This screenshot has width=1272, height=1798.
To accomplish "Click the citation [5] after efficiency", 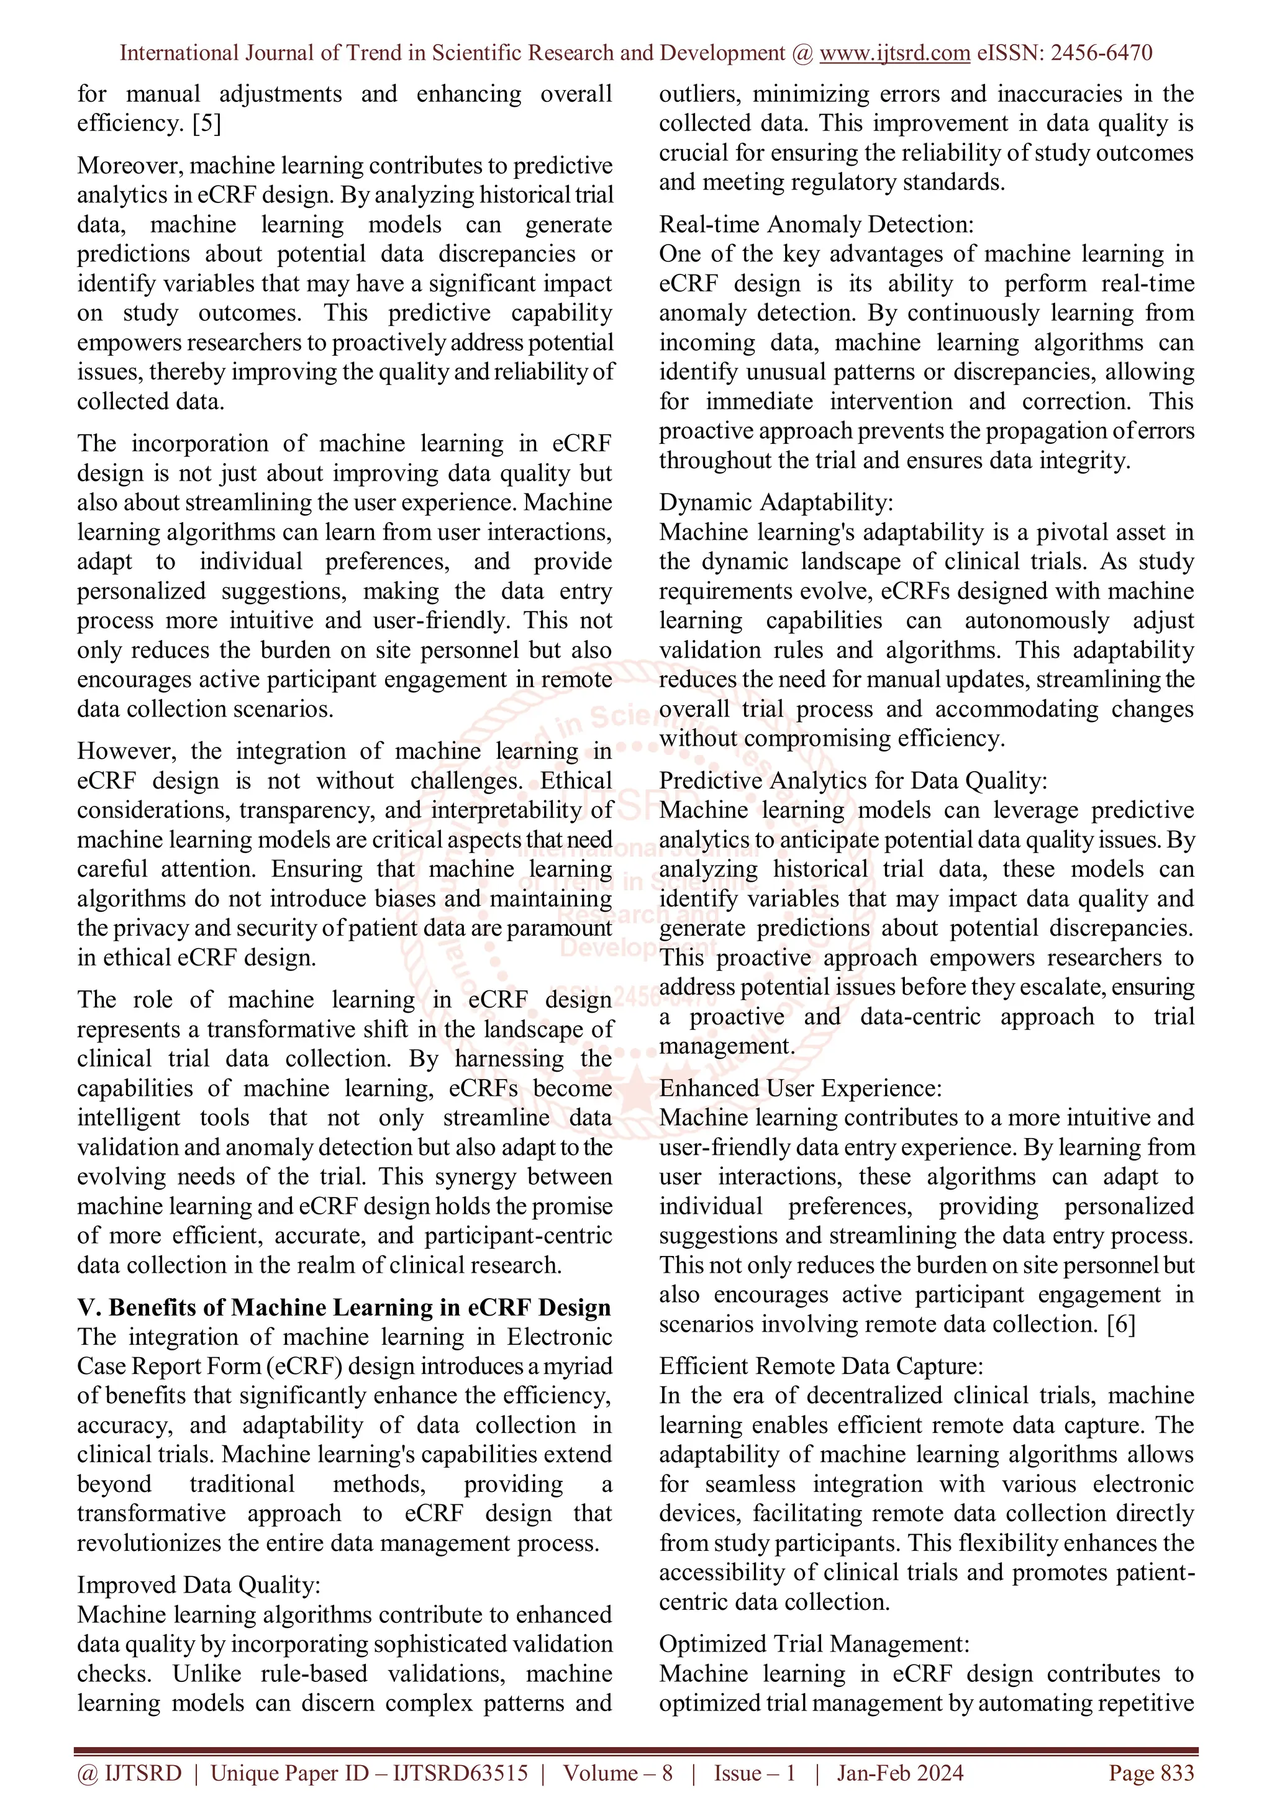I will coord(207,124).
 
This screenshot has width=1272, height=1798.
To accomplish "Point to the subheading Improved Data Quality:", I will coord(199,1585).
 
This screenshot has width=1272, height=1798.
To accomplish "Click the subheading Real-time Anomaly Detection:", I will coord(816,225).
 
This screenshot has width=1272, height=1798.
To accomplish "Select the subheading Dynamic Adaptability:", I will coord(775,502).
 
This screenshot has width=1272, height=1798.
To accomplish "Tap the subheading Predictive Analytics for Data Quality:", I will coord(853,781).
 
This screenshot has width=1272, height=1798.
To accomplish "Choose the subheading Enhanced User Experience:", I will coord(800,1088).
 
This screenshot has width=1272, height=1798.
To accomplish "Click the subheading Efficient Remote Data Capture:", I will coord(821,1367).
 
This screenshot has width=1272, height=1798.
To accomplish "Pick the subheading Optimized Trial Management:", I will coord(814,1644).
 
